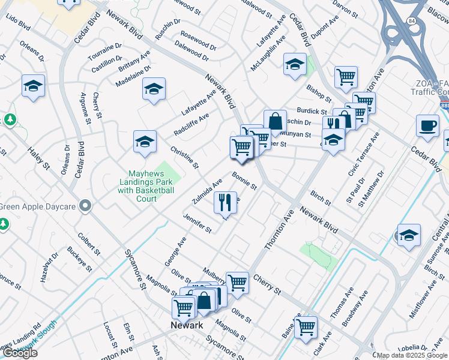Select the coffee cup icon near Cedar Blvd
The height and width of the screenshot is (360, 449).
pos(427,126)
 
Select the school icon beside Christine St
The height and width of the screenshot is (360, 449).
pos(145,142)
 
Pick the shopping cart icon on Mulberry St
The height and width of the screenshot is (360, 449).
pos(238,281)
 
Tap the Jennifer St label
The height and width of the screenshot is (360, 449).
pos(197,224)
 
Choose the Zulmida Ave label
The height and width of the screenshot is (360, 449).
pos(207,190)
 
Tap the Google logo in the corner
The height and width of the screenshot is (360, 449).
pos(20,353)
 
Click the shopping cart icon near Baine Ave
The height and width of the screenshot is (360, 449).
pos(306,326)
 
